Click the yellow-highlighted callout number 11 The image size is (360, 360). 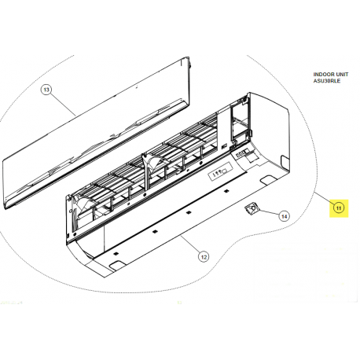click(338, 208)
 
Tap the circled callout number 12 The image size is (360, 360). click(202, 256)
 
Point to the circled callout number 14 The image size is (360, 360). click(284, 215)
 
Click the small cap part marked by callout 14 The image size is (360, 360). click(252, 208)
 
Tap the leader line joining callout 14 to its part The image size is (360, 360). click(268, 213)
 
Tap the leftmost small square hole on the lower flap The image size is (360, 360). click(116, 253)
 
